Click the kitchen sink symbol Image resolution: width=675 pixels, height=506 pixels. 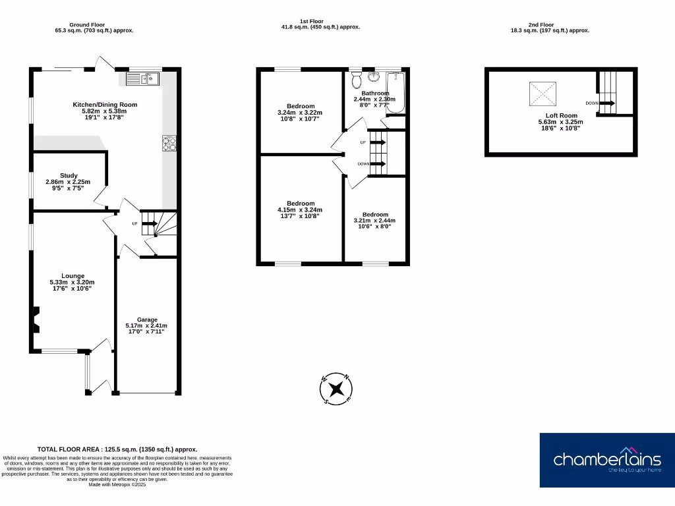[142, 80]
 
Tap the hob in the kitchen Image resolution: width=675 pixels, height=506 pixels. [169, 143]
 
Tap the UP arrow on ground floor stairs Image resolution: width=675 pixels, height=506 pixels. [149, 224]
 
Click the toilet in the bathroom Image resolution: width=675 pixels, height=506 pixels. [357, 80]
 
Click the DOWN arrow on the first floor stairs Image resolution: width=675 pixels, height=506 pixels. [378, 164]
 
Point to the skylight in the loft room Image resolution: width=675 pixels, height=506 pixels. [543, 94]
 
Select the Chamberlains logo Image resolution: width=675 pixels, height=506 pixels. [606, 460]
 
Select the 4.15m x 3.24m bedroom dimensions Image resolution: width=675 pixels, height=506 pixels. [301, 210]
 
